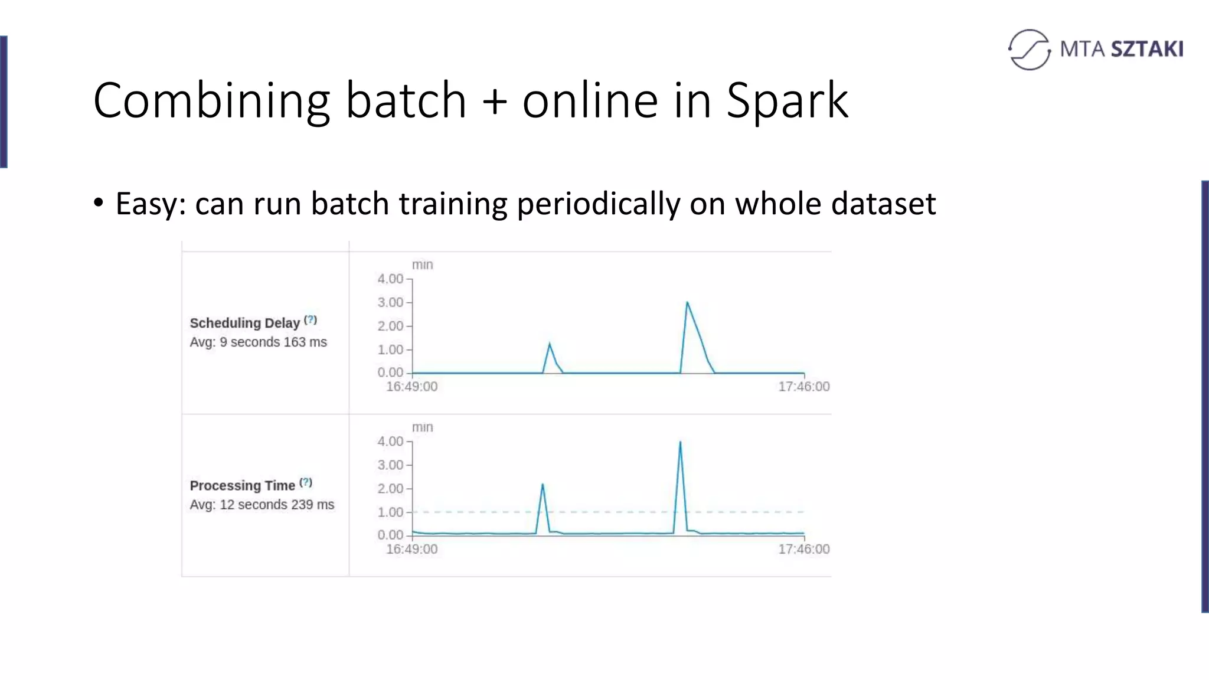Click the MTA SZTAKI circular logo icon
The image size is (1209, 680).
tap(1030, 50)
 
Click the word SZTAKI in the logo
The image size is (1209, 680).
tap(1147, 49)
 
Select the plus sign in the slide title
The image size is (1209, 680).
tap(494, 101)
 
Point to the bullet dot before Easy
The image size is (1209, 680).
tap(99, 203)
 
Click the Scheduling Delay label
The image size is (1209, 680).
tap(244, 323)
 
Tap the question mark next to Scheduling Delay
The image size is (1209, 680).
tap(311, 320)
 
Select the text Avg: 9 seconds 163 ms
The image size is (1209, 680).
tap(258, 342)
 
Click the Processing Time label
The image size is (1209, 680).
tap(242, 485)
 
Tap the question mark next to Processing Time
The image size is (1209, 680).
tap(306, 482)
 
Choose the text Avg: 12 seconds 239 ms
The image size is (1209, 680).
tap(262, 505)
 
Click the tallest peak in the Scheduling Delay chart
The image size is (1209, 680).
tap(687, 303)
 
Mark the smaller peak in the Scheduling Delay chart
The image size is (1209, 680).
tap(550, 344)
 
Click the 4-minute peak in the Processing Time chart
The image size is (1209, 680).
tap(680, 442)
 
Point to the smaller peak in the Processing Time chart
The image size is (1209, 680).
tap(543, 485)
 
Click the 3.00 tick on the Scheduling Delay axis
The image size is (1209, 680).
tap(391, 303)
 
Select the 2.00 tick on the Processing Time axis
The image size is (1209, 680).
tap(391, 489)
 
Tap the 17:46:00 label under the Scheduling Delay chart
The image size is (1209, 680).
tap(803, 387)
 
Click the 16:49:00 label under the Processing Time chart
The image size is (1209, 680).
tap(411, 549)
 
